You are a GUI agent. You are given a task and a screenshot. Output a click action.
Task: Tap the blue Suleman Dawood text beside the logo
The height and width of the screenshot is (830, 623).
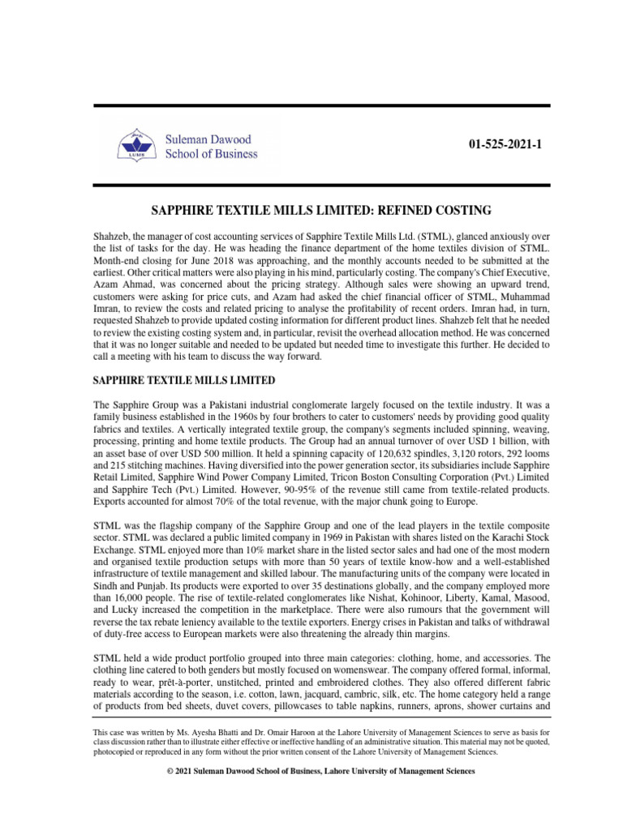[208, 139]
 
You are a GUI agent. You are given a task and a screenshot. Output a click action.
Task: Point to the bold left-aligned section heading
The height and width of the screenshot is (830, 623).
[184, 380]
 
